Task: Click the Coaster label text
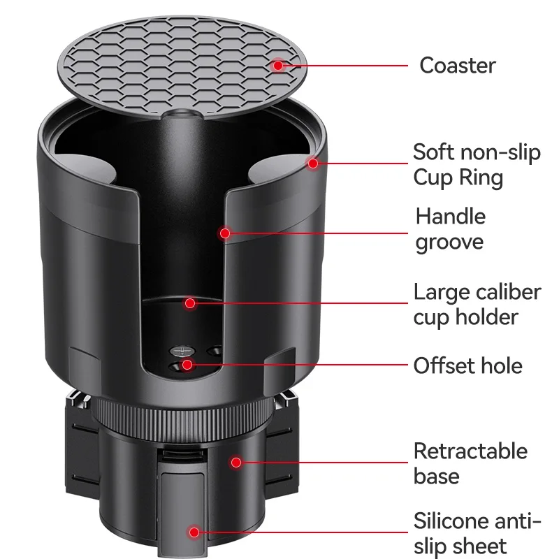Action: tap(457, 66)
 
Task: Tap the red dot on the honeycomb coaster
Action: tap(278, 65)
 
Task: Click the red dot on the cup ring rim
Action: tap(313, 163)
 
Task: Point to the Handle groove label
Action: tap(450, 229)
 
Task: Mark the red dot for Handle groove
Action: tap(224, 232)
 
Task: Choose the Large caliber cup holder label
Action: tap(477, 304)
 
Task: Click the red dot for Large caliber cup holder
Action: tap(189, 303)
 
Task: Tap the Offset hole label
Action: tap(467, 365)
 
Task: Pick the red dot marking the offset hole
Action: tap(187, 365)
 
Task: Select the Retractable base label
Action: tap(470, 463)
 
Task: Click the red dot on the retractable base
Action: tap(236, 462)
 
